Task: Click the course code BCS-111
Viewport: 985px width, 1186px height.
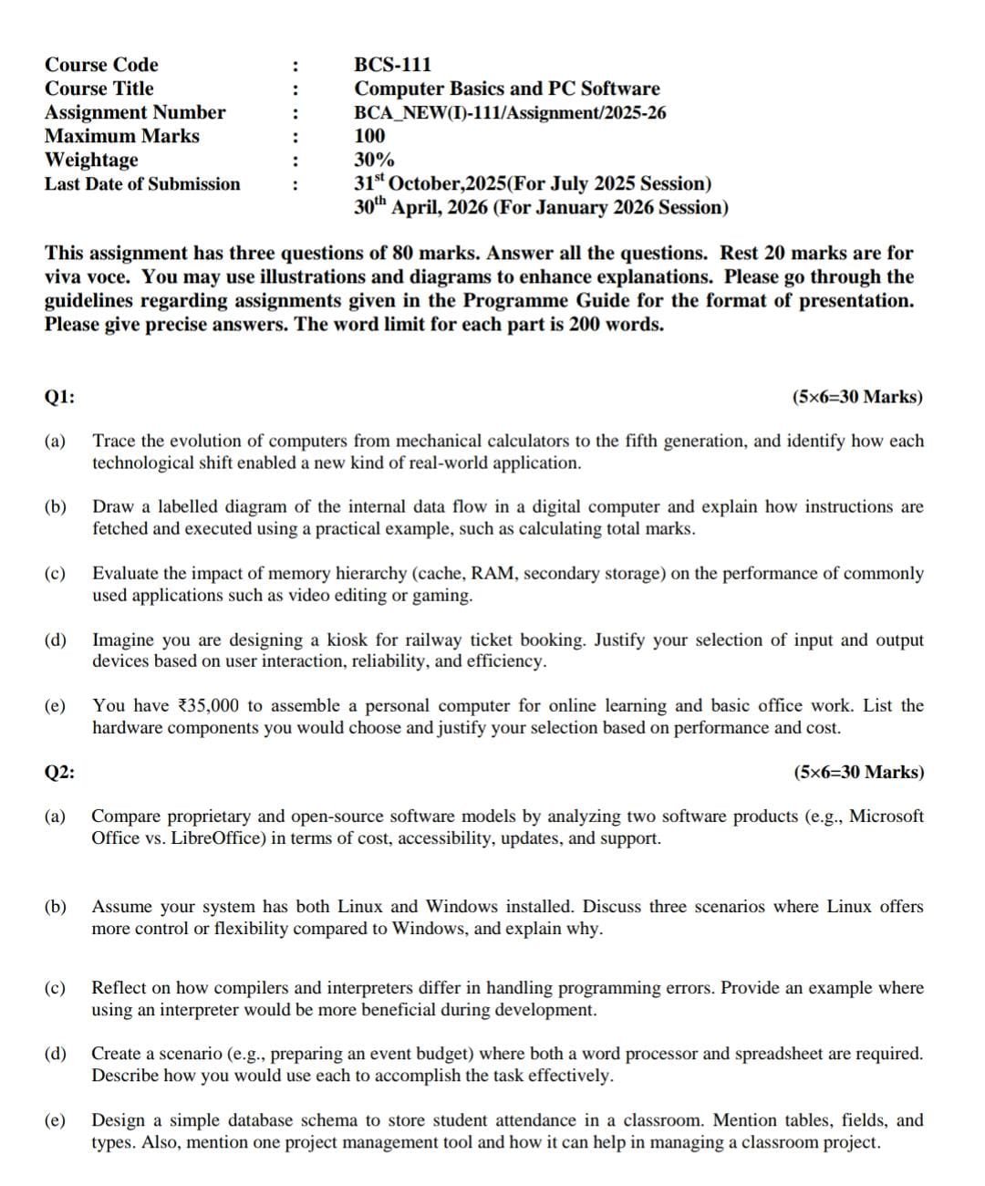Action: pos(392,65)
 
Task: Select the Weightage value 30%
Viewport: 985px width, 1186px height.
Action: pos(374,160)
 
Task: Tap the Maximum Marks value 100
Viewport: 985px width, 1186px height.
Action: pos(369,136)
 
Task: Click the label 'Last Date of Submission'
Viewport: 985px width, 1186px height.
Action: pos(142,183)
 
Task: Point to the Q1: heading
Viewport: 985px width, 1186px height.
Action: pos(60,397)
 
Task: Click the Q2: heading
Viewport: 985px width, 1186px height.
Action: pos(60,772)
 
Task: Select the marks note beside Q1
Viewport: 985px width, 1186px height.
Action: pos(857,397)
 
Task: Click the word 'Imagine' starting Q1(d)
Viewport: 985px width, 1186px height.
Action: pos(122,640)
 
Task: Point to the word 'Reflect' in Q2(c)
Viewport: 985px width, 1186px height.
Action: pos(119,987)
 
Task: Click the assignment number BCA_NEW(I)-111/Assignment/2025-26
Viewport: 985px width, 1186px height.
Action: pos(510,112)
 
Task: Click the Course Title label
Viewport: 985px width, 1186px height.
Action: pos(99,88)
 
